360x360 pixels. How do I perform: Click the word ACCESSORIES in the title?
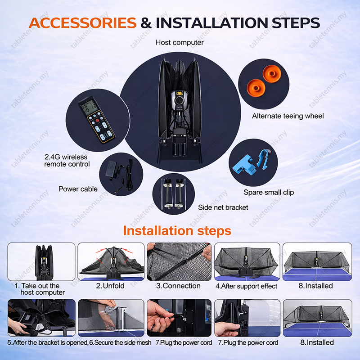[x=83, y=23]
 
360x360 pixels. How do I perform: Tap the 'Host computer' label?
[x=180, y=42]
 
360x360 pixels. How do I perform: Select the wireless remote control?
[x=97, y=120]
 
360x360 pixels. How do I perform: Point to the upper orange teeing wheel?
[x=272, y=74]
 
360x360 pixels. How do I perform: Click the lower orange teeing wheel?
[x=256, y=88]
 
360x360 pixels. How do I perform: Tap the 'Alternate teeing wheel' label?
[x=288, y=116]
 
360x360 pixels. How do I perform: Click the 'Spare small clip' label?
[x=269, y=192]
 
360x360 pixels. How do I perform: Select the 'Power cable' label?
[x=78, y=189]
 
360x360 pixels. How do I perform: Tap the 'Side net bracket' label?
[x=223, y=207]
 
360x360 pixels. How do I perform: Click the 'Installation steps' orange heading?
[x=177, y=231]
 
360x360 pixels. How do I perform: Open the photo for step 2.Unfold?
[x=111, y=262]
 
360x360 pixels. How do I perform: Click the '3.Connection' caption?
[x=178, y=286]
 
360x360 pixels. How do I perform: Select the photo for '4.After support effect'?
[x=247, y=262]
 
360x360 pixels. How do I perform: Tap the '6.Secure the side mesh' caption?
[x=120, y=342]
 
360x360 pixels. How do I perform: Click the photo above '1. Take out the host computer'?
[x=41, y=262]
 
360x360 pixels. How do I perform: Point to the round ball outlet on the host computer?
[x=179, y=100]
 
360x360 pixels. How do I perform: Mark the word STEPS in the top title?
[x=296, y=23]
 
